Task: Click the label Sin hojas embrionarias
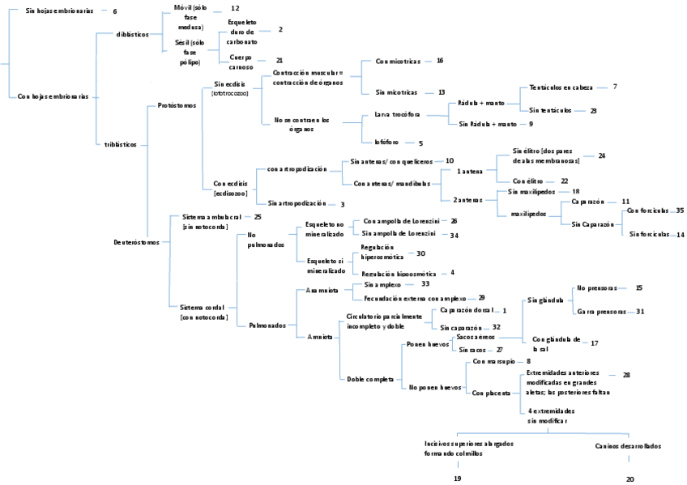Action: [59, 11]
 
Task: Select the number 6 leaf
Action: [115, 11]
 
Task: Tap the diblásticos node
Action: [131, 35]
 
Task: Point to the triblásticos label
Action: [126, 144]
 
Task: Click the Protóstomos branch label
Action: [177, 105]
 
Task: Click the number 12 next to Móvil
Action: [235, 7]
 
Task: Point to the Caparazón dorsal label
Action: [466, 310]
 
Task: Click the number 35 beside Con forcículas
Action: [680, 210]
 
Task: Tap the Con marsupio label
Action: [496, 361]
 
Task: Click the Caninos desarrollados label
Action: [629, 445]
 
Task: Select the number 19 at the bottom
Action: [457, 479]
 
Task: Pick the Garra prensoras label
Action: [600, 311]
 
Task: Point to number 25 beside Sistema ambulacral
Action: [258, 217]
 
